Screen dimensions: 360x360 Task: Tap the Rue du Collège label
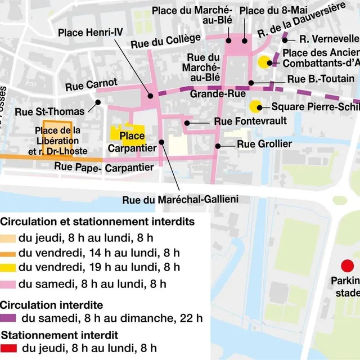(x=165, y=40)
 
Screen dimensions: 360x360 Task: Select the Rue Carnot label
(x=91, y=85)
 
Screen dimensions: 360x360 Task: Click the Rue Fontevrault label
(x=242, y=121)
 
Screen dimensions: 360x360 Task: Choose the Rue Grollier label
(x=264, y=145)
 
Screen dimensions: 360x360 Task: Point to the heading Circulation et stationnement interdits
(x=97, y=222)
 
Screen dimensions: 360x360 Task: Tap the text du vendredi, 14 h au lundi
(x=99, y=252)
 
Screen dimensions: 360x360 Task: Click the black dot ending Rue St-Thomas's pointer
(x=98, y=102)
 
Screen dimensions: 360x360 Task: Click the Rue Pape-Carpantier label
(x=104, y=168)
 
